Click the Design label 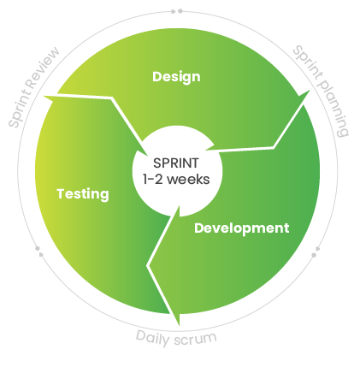tap(176, 77)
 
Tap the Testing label tap(83, 194)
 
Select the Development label tap(242, 228)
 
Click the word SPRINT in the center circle tap(176, 163)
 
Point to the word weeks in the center tap(188, 180)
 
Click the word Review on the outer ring tap(43, 68)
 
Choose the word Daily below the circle tap(152, 338)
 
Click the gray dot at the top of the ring tap(180, 11)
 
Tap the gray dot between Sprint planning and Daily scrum tap(314, 255)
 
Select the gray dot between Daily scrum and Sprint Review tap(38, 249)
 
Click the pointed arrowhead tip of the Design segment tap(310, 90)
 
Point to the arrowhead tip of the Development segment tap(179, 325)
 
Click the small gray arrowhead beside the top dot tap(174, 11)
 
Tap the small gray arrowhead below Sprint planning tap(318, 249)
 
